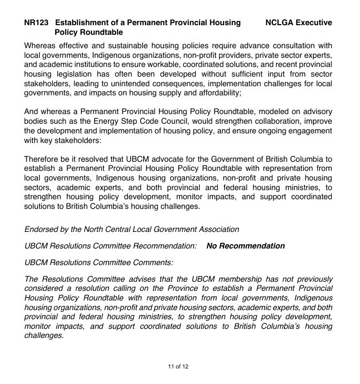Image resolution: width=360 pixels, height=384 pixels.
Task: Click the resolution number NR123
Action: (x=36, y=22)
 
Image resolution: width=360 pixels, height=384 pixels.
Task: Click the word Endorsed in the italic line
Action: (x=43, y=229)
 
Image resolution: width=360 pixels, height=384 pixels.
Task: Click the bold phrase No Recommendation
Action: (x=246, y=246)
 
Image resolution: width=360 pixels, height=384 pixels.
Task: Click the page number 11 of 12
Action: (x=178, y=366)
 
